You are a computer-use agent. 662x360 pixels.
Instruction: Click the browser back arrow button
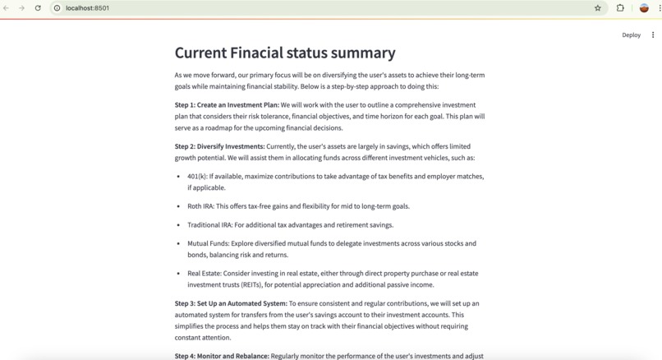[7, 8]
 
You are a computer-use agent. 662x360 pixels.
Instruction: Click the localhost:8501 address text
[87, 8]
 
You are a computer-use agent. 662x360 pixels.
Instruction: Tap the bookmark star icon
[597, 8]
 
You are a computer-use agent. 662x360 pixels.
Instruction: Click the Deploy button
[631, 35]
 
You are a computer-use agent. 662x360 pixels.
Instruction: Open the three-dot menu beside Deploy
[653, 35]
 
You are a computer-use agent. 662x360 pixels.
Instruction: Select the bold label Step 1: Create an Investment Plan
[227, 105]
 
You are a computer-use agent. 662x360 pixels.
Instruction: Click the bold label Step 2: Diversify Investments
[219, 146]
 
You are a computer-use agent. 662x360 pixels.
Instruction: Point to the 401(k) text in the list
[197, 177]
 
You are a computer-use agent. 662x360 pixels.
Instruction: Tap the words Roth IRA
[200, 206]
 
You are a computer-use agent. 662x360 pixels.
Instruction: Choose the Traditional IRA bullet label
[209, 225]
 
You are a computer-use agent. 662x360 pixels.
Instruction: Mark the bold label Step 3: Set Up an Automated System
[231, 303]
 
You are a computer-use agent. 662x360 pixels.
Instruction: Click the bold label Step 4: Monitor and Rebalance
[222, 356]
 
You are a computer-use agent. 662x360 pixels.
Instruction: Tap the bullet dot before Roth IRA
[179, 206]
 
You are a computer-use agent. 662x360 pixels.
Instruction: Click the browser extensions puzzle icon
[620, 8]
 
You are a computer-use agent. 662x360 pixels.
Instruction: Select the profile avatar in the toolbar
[644, 8]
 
